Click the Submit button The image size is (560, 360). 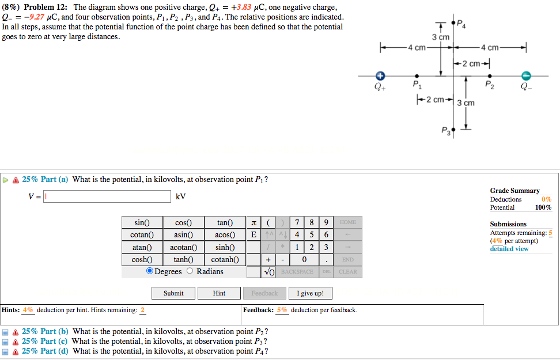(173, 293)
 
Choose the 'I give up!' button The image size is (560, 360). (310, 293)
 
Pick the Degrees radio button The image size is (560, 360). (150, 271)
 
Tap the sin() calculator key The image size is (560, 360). (142, 222)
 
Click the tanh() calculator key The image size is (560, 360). (183, 259)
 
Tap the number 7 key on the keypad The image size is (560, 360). (296, 222)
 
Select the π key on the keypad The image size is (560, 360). (253, 222)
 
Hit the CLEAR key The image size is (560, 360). (348, 272)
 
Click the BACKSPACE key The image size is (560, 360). (297, 272)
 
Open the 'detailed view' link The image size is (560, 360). (509, 249)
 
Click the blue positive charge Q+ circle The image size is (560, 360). (380, 75)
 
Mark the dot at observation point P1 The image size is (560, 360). (417, 75)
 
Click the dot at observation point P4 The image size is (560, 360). (453, 23)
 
